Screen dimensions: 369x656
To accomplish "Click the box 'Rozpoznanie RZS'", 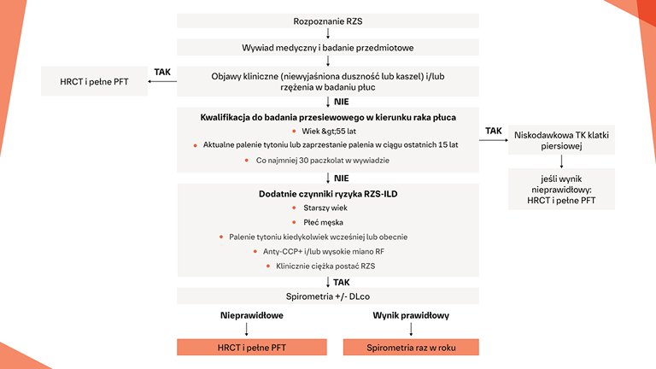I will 328,20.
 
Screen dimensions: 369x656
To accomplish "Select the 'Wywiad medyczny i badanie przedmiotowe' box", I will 328,48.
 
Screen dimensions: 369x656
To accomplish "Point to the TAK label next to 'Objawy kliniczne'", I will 162,72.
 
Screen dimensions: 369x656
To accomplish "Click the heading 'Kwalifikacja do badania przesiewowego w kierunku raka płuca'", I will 328,116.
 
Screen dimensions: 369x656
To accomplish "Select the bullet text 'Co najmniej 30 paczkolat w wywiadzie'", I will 328,160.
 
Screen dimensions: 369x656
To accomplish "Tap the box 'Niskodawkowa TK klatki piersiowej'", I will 560,141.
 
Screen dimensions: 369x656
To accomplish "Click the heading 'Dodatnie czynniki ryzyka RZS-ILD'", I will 328,194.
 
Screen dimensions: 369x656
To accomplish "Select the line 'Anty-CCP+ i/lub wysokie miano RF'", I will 329,252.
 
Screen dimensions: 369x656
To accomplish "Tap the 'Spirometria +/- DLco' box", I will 328,296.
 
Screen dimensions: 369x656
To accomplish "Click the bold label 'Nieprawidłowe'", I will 247,315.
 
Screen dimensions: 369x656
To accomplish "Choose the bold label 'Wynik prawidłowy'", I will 411,315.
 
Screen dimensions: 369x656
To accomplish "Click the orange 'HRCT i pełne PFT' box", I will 246,348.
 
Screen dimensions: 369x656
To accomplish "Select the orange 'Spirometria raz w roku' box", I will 411,348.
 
